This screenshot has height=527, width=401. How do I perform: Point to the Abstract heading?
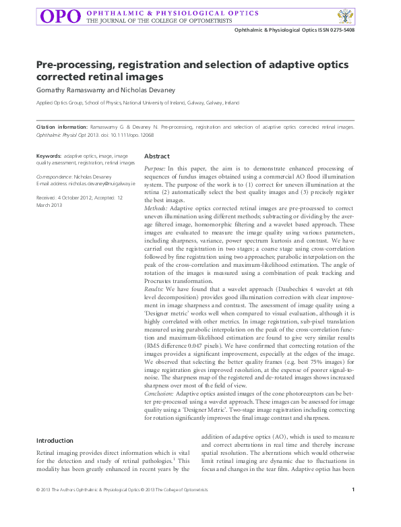coord(157,156)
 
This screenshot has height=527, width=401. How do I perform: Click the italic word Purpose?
coord(155,168)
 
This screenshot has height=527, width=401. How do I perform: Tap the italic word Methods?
coord(156,209)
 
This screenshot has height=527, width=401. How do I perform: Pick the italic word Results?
coord(155,288)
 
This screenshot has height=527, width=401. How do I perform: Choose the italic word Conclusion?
coord(160,392)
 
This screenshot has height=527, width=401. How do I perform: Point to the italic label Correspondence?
coord(54,176)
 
